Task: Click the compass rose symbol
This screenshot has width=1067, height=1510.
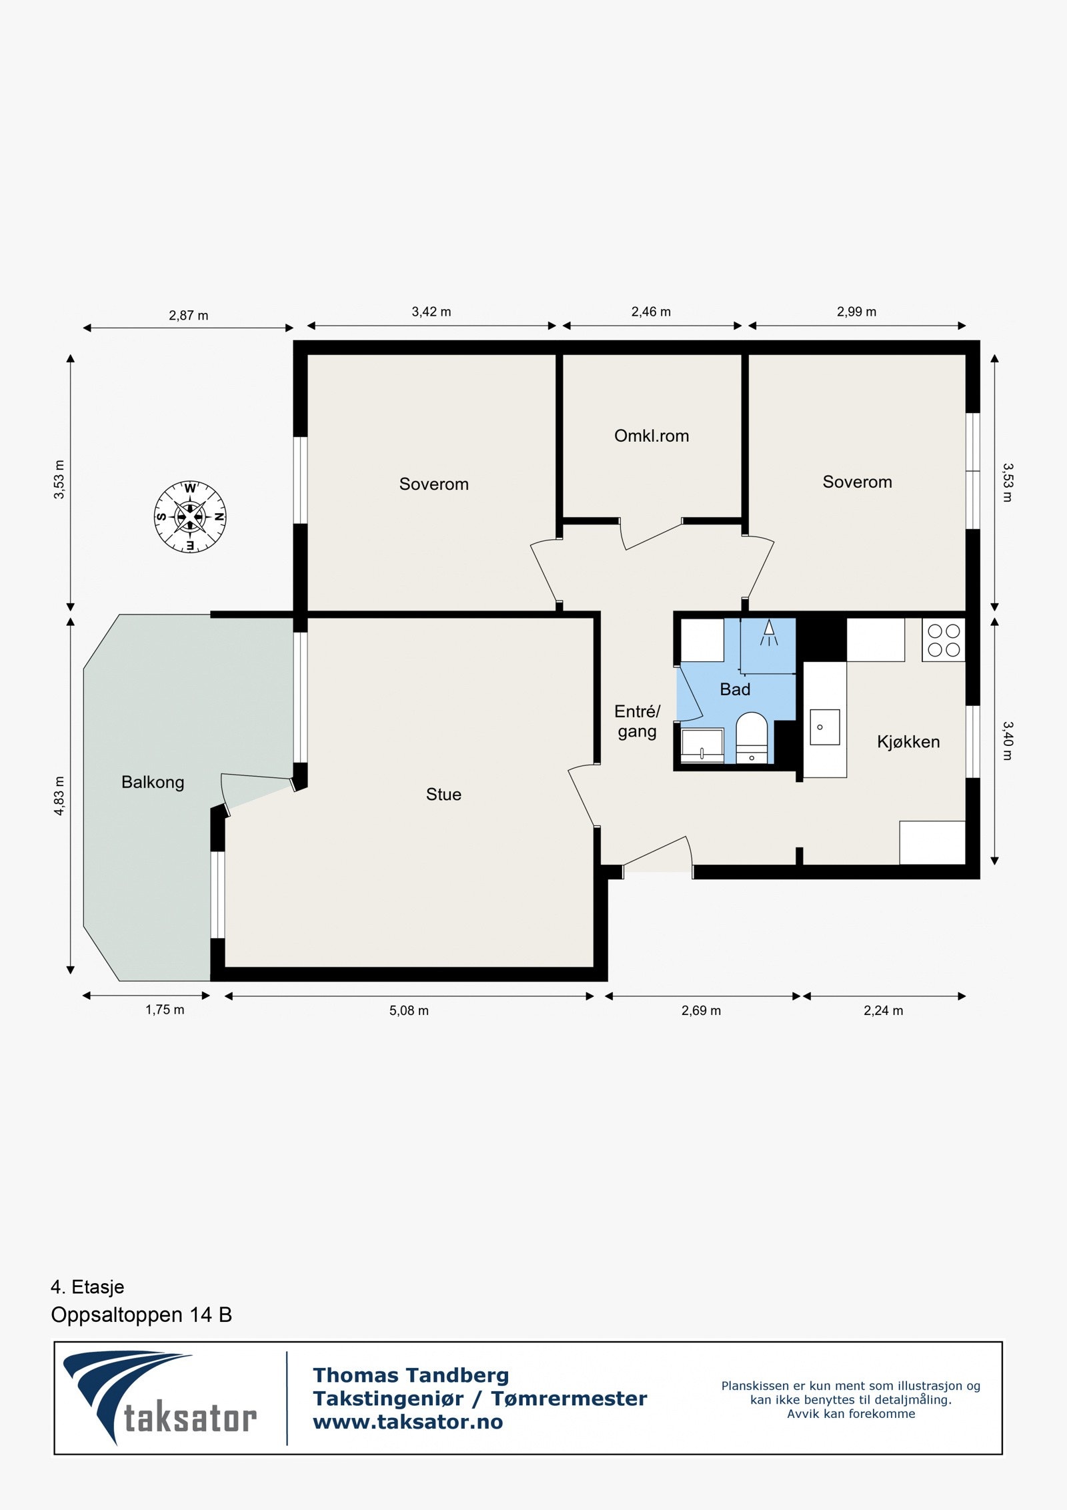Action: click(190, 516)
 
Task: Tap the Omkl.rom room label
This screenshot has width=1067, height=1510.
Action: click(651, 436)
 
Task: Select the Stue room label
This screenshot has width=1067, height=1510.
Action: click(443, 794)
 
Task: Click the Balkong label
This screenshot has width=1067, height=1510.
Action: click(153, 782)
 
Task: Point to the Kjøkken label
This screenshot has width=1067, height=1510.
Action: click(908, 742)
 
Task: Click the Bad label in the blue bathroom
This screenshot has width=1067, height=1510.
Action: click(735, 689)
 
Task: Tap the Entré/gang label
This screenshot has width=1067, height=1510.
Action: click(637, 721)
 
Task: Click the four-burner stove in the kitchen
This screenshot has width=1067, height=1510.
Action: click(944, 640)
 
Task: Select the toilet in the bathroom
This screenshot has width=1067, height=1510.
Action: click(752, 737)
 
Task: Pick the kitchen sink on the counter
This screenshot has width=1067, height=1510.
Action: click(824, 727)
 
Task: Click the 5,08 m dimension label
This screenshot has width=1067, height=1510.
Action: click(409, 1010)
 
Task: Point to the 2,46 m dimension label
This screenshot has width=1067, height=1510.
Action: click(651, 312)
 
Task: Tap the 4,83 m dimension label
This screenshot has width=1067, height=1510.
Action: click(59, 795)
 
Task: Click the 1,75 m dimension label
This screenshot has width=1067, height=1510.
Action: click(165, 1010)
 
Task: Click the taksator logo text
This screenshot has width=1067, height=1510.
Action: click(190, 1418)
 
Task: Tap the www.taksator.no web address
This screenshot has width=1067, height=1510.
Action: click(407, 1422)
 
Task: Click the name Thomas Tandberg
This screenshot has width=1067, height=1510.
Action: click(411, 1375)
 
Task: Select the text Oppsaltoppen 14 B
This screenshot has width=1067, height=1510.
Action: click(141, 1314)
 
